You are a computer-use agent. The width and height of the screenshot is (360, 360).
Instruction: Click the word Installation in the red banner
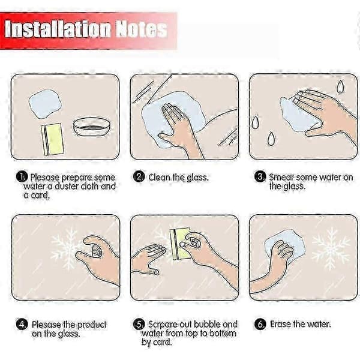point(58,29)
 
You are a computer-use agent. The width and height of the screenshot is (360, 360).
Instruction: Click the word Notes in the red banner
point(141,29)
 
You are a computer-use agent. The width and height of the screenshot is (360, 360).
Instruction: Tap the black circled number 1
point(22,177)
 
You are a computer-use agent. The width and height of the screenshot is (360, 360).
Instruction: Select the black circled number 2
point(139,177)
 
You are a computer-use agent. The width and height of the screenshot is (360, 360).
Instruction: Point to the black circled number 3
point(260,177)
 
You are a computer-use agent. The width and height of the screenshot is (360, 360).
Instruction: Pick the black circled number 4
point(22,325)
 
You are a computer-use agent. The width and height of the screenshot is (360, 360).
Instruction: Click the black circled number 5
point(139,325)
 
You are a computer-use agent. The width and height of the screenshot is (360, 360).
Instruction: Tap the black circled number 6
point(260,325)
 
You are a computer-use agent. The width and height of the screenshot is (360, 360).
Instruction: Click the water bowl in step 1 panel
point(92,127)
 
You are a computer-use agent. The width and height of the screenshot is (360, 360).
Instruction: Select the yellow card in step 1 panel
point(53,139)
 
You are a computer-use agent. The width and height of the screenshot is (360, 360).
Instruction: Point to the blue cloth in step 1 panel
point(46,104)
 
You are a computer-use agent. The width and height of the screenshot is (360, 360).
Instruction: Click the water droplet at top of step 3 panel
point(340,86)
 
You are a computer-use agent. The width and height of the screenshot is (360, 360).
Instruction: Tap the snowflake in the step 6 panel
point(331,248)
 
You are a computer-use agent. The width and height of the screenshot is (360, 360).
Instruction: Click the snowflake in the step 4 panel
point(67,248)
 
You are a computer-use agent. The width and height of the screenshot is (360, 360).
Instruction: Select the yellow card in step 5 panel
point(180,244)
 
